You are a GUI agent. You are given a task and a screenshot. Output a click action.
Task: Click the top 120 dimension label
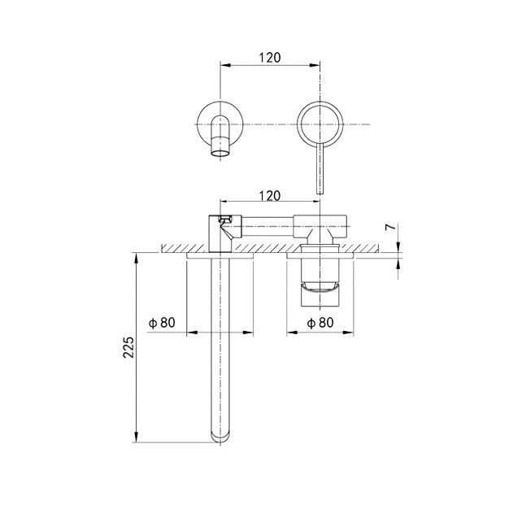click(270, 58)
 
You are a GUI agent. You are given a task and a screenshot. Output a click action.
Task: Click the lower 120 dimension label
click(270, 195)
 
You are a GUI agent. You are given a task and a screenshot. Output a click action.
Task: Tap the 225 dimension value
click(128, 347)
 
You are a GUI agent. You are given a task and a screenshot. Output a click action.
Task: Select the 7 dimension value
click(392, 227)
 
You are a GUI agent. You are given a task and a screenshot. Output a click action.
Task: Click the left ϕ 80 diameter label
click(162, 322)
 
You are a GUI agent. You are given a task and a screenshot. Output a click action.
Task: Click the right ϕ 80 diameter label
click(320, 322)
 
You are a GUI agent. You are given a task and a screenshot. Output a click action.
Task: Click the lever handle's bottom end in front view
click(320, 193)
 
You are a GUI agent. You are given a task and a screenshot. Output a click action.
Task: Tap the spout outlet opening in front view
click(220, 154)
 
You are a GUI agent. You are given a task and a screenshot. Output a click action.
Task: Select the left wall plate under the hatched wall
click(220, 255)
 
